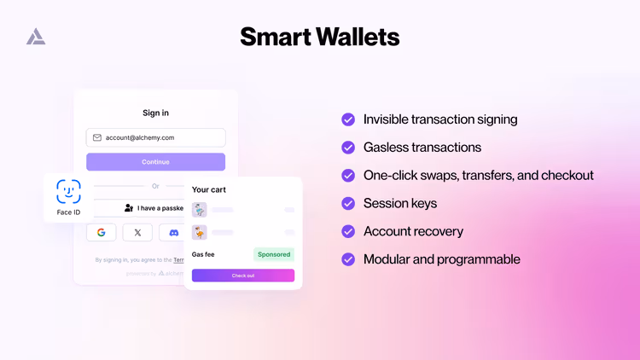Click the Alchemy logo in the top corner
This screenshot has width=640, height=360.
[36, 36]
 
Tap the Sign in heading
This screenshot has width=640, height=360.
[155, 113]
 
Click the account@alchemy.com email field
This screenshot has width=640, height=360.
[155, 137]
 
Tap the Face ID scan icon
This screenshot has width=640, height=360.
[68, 191]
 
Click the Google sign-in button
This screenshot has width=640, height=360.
[101, 232]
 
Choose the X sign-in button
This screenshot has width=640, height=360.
[137, 232]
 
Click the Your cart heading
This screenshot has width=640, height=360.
[209, 189]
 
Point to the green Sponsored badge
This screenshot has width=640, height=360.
[274, 254]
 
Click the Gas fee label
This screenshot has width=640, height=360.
[203, 254]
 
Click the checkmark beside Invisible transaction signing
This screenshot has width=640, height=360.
[348, 119]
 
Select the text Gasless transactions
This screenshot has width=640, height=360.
[422, 148]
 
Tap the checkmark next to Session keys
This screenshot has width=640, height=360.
[348, 203]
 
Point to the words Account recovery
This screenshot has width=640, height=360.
[413, 231]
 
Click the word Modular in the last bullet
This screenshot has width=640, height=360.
[388, 259]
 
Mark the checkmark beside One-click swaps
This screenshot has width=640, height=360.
[348, 175]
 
